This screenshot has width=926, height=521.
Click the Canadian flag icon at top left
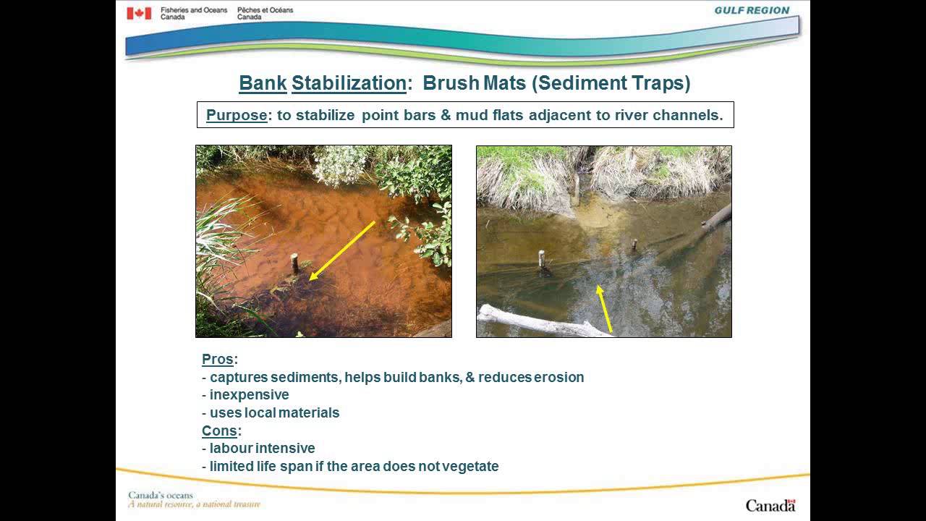139,13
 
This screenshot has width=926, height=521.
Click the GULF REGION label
752,11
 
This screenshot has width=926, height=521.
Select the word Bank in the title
263,83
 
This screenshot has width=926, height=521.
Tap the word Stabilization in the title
348,83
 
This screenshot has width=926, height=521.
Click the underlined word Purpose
237,115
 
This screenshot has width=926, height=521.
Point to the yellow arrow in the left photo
341,250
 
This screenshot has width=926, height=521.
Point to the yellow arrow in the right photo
604,308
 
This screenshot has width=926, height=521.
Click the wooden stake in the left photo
294,262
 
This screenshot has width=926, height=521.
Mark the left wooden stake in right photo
541,258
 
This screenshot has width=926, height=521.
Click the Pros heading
217,360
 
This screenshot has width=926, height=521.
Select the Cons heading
219,431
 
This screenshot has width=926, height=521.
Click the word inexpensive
250,395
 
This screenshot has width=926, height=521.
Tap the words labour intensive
262,449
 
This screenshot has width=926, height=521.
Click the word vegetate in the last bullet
471,467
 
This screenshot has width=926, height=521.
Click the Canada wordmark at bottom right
770,505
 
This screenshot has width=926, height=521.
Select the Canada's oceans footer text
161,496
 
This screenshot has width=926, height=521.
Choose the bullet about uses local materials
274,413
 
